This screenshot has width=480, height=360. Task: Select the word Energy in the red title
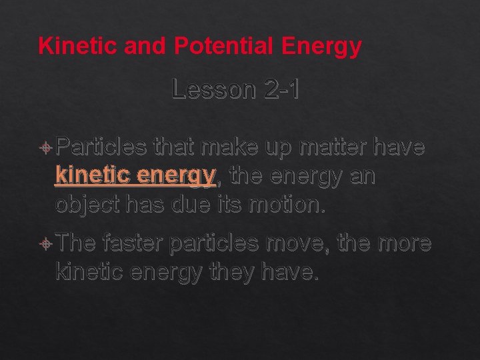coord(322,46)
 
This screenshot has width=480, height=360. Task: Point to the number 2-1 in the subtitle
coord(280,90)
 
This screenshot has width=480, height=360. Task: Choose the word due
coord(199,203)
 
